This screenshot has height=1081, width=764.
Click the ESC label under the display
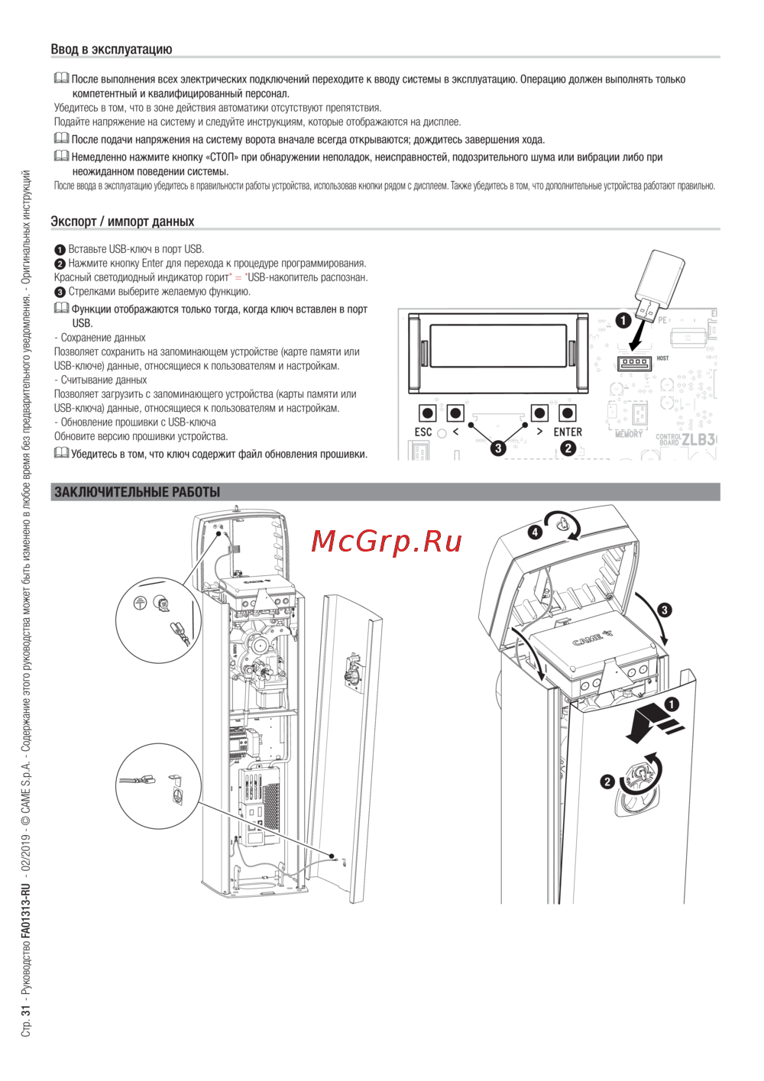tap(423, 432)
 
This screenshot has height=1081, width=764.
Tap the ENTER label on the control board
tap(568, 432)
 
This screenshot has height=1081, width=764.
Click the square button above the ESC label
tap(428, 413)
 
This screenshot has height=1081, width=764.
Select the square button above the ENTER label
tap(568, 413)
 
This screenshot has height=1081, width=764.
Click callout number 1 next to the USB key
tap(623, 321)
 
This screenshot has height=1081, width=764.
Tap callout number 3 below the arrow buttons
tap(498, 448)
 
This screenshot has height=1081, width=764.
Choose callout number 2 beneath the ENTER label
tap(568, 448)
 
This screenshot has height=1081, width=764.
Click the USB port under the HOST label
tap(635, 363)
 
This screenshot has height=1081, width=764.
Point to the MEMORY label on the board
tap(629, 434)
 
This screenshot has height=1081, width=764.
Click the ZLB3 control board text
tap(698, 439)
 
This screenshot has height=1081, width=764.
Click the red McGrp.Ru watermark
tap(387, 542)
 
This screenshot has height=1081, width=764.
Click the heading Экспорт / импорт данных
tap(122, 222)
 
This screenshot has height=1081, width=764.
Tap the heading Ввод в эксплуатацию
tap(112, 50)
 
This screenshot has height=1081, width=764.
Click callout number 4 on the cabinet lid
tap(536, 532)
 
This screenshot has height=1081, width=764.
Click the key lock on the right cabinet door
tap(638, 781)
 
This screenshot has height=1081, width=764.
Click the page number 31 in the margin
tap(26, 1010)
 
